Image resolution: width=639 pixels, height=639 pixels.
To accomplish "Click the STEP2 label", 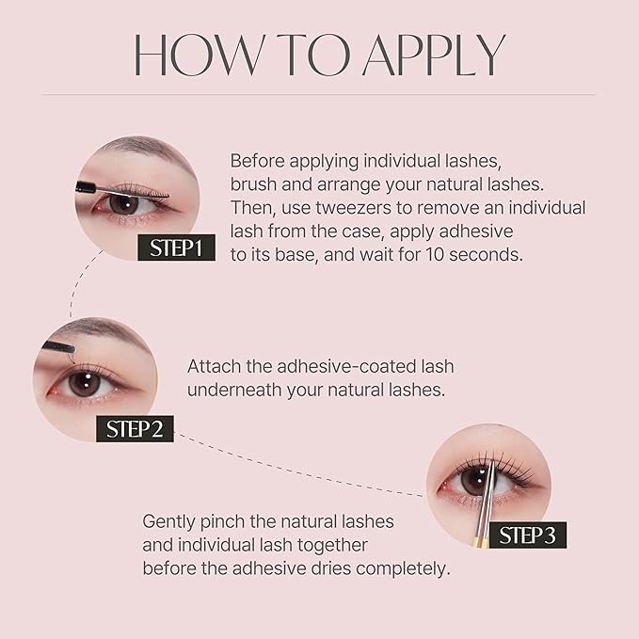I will pos(136,429).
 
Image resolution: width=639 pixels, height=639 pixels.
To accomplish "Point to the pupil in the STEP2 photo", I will pos(81,382).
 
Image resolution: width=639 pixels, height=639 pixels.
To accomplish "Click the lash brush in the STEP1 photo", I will pos(126,189).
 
